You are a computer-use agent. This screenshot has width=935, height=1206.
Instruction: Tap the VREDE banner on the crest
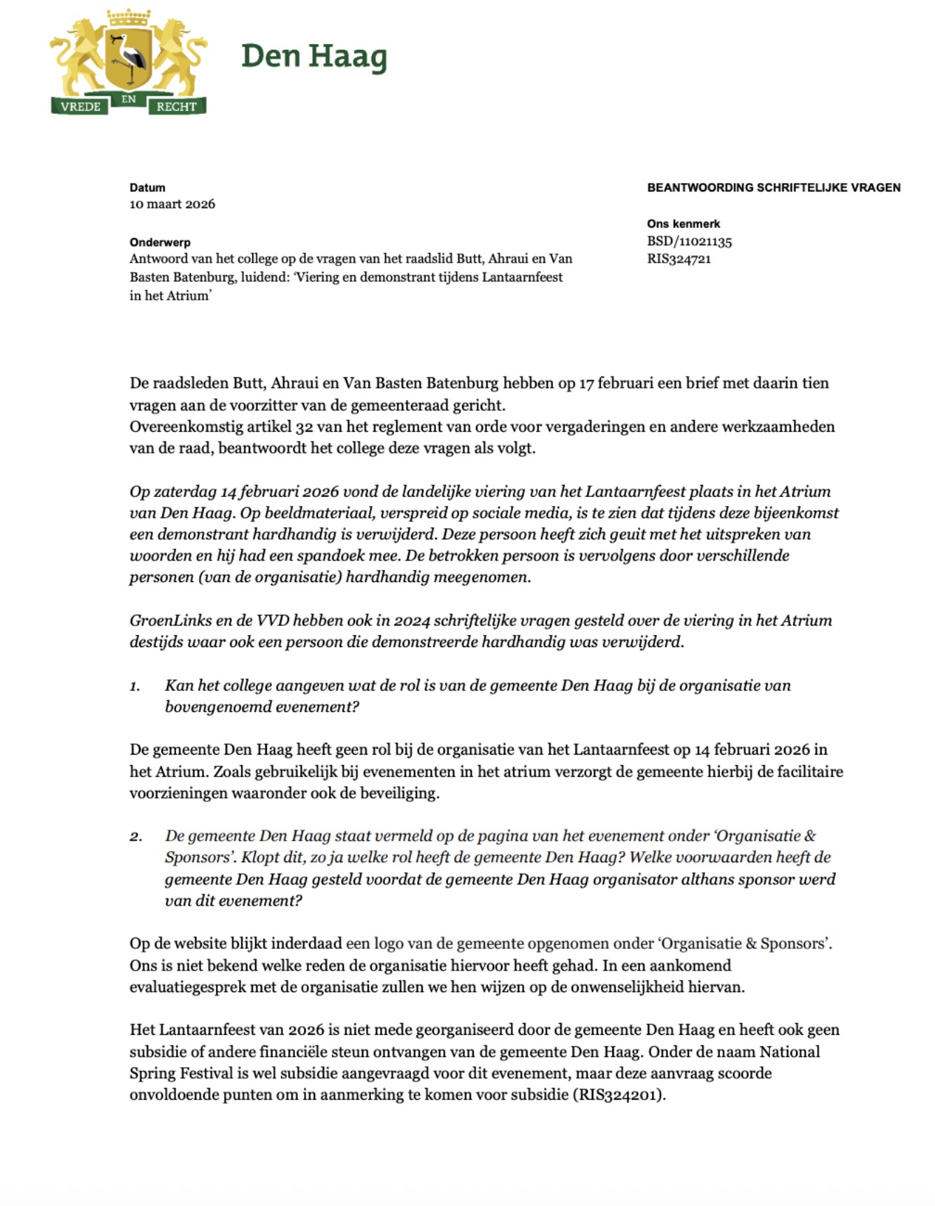[x=80, y=107]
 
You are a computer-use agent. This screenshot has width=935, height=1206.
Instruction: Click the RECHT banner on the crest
[x=176, y=107]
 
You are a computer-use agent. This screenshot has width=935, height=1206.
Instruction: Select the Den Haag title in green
[x=314, y=57]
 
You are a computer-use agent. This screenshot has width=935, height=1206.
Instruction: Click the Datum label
[x=147, y=187]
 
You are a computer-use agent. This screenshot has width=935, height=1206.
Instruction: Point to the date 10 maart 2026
[x=172, y=204]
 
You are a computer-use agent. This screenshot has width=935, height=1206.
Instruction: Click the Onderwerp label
[x=160, y=242]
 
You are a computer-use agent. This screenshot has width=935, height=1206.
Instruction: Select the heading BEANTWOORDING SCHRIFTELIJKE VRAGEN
[x=774, y=187]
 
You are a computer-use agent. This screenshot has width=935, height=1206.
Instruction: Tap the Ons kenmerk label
[x=683, y=224]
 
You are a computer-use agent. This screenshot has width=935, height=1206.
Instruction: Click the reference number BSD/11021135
[x=689, y=242]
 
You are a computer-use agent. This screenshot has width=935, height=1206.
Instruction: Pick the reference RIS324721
[x=679, y=259]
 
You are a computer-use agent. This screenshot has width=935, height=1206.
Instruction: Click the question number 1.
[x=134, y=686]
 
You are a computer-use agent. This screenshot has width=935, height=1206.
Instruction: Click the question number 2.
[x=135, y=836]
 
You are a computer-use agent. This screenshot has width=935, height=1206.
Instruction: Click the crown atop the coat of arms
[x=129, y=16]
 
